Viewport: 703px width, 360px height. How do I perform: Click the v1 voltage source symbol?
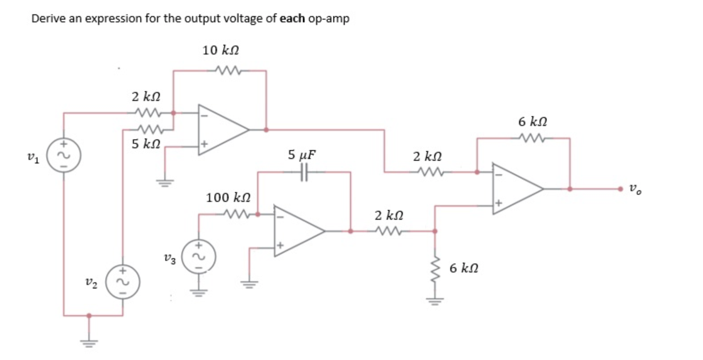point(64,155)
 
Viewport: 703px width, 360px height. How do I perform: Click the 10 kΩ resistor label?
point(220,50)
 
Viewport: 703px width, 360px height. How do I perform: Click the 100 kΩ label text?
point(228,197)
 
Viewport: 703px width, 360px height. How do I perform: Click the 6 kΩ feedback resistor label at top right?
point(533,121)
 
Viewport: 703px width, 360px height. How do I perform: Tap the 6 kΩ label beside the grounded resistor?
point(464,268)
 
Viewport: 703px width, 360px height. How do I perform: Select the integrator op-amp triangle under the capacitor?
point(297,231)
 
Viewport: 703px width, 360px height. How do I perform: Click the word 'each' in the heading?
point(293,19)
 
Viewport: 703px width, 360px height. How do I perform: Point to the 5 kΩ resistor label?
point(146,144)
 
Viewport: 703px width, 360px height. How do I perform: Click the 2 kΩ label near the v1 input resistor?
point(146,96)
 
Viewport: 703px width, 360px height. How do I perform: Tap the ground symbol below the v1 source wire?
point(88,343)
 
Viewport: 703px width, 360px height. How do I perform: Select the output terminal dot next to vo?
point(620,189)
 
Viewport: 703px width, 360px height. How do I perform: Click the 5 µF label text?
point(301,155)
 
